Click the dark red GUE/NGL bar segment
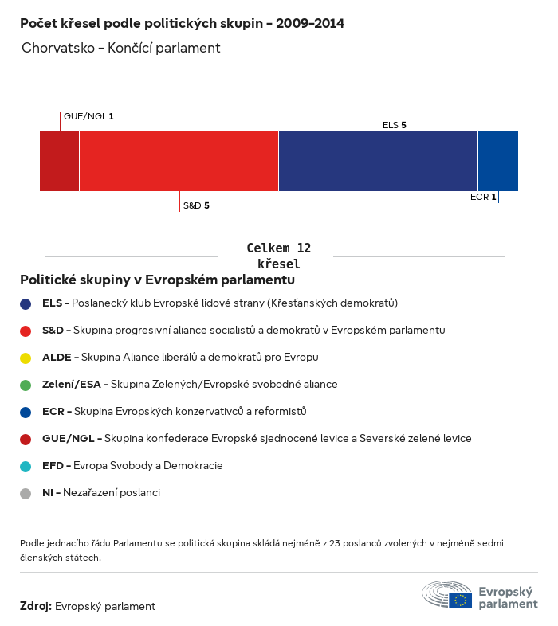(59, 161)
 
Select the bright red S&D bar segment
(179, 161)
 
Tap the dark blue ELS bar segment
(378, 161)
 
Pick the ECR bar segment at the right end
(497, 161)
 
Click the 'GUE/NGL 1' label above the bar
(88, 116)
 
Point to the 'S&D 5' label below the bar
(196, 205)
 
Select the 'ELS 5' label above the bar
(395, 125)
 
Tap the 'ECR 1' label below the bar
(483, 197)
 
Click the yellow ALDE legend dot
(26, 358)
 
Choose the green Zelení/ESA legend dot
(26, 385)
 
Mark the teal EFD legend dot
(26, 466)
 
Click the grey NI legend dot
(26, 493)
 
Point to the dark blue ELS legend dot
(26, 303)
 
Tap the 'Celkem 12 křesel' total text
(278, 256)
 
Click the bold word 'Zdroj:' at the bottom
(36, 607)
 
